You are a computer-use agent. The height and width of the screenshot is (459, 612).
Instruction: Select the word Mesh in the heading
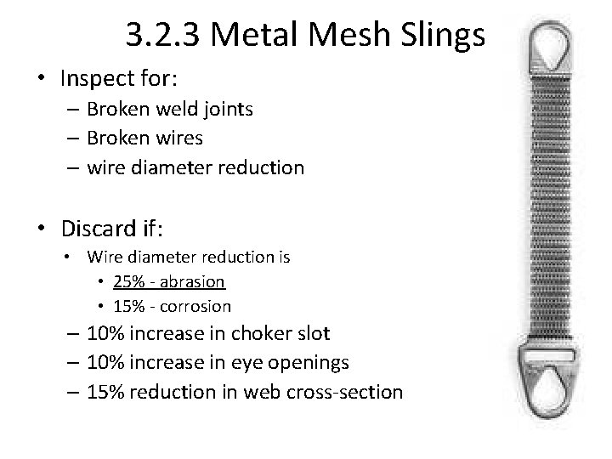coord(342,36)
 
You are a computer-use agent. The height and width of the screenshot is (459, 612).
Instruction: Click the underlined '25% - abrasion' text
coord(168,280)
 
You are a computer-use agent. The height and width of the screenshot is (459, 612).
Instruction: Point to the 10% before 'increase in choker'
coord(105,333)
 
